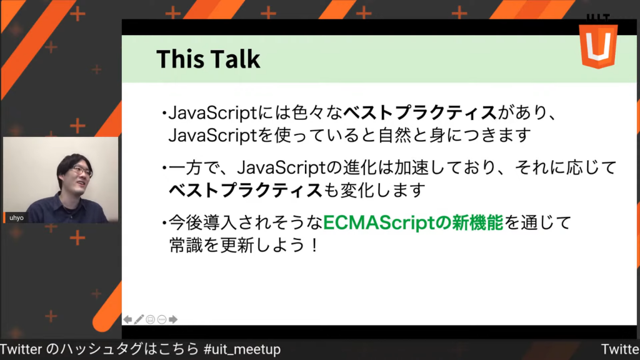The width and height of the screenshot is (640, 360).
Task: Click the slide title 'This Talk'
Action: click(x=208, y=59)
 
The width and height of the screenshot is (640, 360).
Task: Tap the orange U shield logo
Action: click(x=598, y=46)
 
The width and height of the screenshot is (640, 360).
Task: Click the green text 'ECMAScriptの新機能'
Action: click(x=413, y=223)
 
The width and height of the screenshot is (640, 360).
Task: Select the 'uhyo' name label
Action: click(x=16, y=218)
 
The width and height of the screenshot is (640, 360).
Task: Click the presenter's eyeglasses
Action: click(x=82, y=171)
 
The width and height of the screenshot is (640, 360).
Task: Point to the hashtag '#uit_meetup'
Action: click(x=242, y=349)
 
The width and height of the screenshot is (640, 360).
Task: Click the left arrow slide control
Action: click(x=127, y=319)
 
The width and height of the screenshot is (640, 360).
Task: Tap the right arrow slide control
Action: click(x=173, y=319)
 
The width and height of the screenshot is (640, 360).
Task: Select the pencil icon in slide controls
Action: click(x=139, y=319)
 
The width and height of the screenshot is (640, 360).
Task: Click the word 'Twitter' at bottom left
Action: click(x=21, y=349)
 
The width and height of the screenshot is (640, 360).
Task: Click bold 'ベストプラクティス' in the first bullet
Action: click(x=419, y=112)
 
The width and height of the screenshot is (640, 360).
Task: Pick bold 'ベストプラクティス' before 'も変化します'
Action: click(x=246, y=190)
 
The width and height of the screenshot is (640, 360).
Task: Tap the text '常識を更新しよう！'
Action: click(x=244, y=245)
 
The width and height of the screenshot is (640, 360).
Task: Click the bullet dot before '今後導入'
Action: click(x=164, y=223)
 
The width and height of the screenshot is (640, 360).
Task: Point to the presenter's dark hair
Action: click(x=74, y=161)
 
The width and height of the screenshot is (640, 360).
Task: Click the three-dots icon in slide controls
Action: click(x=162, y=319)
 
